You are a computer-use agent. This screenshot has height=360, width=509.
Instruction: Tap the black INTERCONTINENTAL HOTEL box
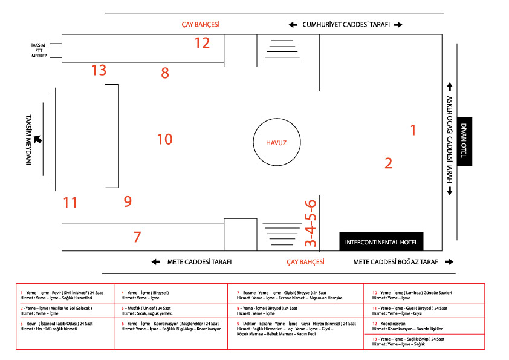[381, 242]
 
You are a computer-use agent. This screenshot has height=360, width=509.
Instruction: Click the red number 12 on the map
[202, 43]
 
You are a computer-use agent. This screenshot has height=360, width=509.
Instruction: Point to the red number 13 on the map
[99, 70]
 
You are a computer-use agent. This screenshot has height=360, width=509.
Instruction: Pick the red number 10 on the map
[164, 139]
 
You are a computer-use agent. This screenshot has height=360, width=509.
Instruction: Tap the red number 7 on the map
[137, 237]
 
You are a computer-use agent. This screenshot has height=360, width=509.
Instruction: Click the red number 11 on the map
[71, 202]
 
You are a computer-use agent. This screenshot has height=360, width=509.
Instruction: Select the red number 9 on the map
[128, 201]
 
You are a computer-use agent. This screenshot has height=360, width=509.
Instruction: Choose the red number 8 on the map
[165, 73]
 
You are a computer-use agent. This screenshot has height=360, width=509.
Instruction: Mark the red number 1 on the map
[413, 129]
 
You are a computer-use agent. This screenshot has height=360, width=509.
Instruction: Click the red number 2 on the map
[389, 162]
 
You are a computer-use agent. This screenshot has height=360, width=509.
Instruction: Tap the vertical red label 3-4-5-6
[310, 223]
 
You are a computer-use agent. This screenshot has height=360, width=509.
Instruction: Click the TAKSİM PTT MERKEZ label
[39, 50]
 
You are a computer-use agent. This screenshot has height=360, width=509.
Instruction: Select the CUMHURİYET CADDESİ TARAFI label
[345, 25]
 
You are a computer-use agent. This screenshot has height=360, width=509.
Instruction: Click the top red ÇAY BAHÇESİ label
[200, 25]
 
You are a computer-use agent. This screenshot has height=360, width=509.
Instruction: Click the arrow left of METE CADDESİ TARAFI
[156, 262]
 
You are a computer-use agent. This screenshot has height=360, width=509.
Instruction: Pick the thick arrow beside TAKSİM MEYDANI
[38, 139]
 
